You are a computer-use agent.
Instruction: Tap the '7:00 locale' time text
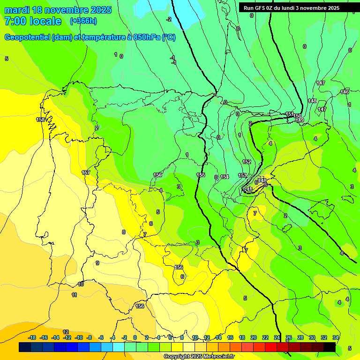click(33, 21)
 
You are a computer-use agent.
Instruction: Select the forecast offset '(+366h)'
click(83, 21)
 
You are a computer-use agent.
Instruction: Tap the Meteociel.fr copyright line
click(199, 357)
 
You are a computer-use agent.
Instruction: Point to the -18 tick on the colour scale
click(32, 337)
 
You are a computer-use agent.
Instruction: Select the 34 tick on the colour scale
click(336, 337)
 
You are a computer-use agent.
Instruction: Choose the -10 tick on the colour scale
click(79, 337)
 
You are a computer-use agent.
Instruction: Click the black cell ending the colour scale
click(330, 347)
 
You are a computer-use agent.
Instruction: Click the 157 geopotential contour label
click(86, 172)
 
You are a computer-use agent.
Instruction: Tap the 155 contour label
click(201, 175)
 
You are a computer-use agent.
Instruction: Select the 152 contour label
click(247, 162)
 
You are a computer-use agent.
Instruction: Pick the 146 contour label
click(345, 92)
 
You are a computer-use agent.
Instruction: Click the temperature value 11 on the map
click(74, 295)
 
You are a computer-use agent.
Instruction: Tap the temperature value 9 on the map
click(97, 263)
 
